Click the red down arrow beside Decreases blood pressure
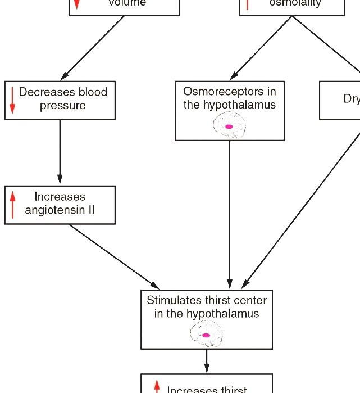12,100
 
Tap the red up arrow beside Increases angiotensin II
12,205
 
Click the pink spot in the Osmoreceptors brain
229,127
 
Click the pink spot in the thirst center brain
206,335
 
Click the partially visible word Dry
351,99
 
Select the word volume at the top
127,3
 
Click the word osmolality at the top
295,3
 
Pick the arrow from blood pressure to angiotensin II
60,152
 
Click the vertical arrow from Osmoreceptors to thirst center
230,214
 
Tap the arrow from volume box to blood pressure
93,48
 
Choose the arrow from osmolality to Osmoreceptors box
261,48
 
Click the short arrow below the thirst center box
207,361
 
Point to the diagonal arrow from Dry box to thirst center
303,208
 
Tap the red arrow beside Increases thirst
157,387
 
